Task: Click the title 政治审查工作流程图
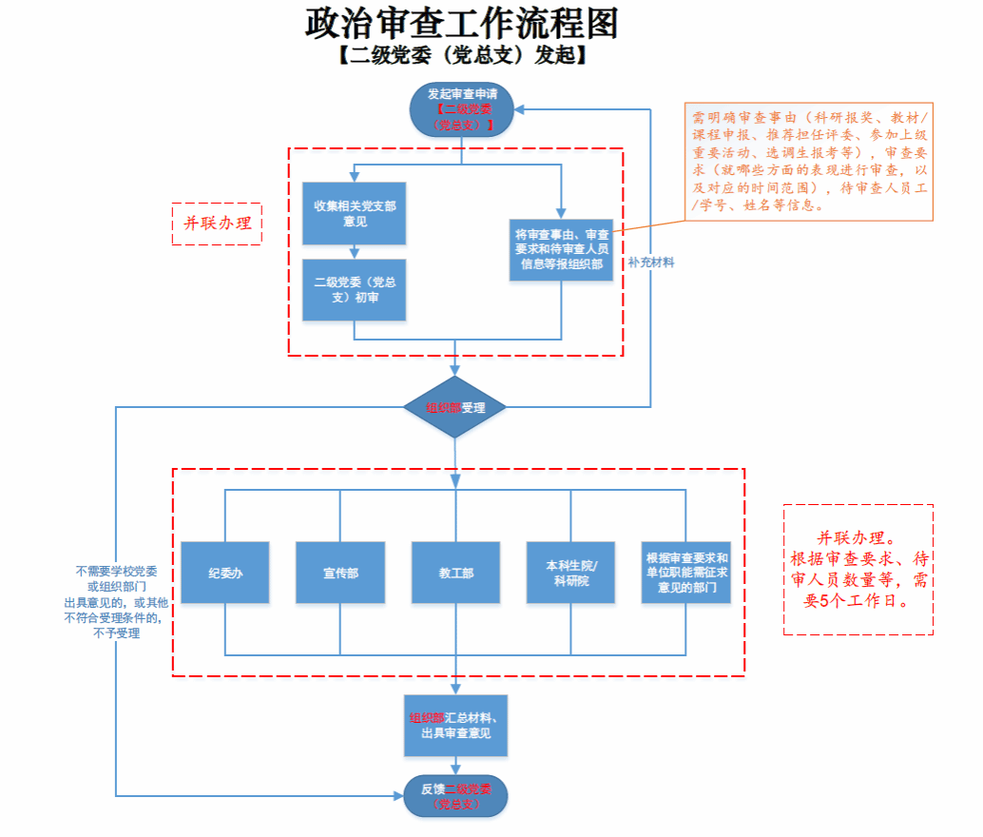[462, 23]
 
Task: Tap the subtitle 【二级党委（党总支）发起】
[461, 55]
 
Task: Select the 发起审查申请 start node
[461, 108]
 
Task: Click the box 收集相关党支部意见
[355, 213]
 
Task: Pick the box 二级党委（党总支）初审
[355, 290]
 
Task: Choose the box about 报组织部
[561, 249]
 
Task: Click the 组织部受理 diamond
[455, 407]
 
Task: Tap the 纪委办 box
[225, 573]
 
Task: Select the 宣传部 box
[340, 573]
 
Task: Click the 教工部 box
[455, 573]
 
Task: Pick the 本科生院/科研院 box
[571, 573]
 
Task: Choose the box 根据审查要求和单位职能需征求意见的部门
[686, 573]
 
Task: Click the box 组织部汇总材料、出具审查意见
[455, 726]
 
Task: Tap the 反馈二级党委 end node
[455, 796]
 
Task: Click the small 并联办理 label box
[217, 224]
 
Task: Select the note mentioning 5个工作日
[858, 569]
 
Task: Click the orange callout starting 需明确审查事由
[809, 162]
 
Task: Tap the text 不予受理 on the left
[117, 633]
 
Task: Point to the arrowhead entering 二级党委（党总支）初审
[355, 254]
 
